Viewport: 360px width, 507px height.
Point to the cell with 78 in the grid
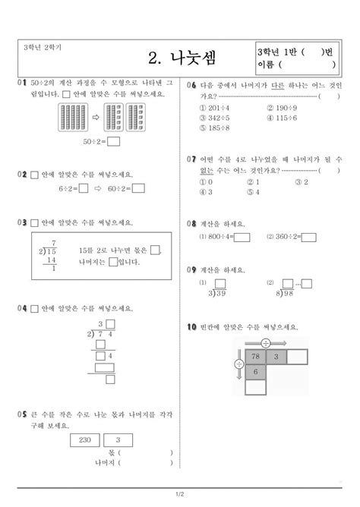[255, 357]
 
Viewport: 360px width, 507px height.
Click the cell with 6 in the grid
[255, 372]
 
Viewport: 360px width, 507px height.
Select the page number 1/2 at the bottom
[180, 496]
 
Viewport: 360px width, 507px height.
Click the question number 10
[192, 327]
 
